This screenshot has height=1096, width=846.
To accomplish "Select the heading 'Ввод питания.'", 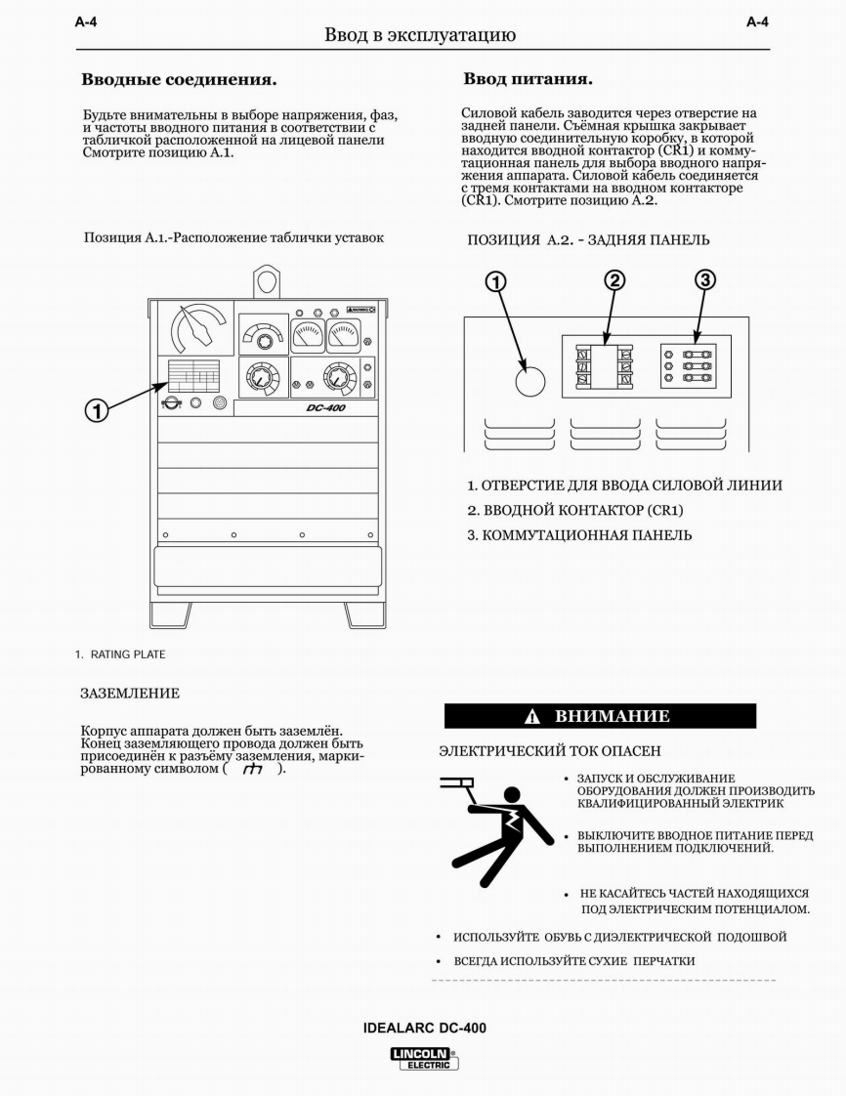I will (528, 77).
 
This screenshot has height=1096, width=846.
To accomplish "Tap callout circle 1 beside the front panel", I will (96, 410).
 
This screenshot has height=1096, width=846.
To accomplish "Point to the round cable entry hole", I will (529, 382).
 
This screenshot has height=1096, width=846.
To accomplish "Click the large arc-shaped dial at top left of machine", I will (192, 328).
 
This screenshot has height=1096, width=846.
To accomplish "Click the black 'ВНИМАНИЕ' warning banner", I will (600, 716).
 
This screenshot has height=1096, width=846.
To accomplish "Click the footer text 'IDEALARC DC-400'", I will (424, 1028).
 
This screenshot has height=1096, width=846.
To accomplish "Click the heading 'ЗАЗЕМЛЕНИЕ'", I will (130, 694).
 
